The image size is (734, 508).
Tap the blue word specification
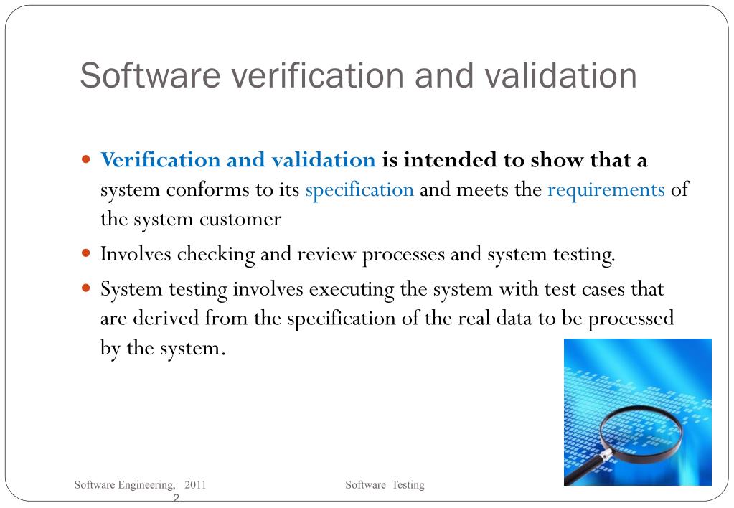coord(359,190)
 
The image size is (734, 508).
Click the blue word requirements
coord(606,190)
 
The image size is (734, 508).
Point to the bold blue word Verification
coord(160,160)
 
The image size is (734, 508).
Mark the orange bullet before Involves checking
coord(87,253)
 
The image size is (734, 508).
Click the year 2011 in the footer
coord(195,485)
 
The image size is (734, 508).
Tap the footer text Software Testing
coord(385,485)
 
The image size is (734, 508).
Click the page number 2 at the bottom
coord(177,498)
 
